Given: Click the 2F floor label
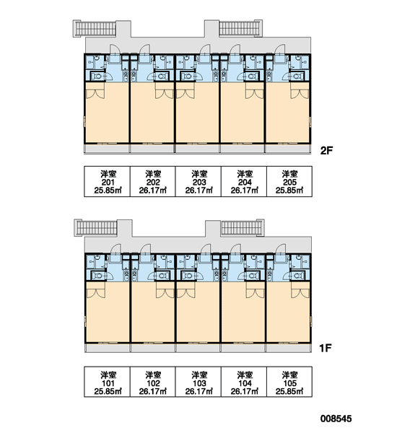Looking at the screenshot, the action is tap(326, 151).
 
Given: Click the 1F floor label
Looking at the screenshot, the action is tap(326, 348).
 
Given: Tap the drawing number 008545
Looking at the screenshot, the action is tap(336, 419).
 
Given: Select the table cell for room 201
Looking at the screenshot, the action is tap(107, 181).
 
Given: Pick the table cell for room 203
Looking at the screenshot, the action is tap(198, 181).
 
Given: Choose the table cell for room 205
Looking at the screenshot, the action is tap(289, 181).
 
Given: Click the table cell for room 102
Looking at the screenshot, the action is tap(152, 382).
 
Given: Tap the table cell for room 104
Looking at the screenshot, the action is tap(244, 382).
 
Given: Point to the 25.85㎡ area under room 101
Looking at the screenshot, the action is tap(108, 391).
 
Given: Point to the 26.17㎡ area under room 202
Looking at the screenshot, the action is tap(153, 191).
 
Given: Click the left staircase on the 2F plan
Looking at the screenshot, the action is tap(95, 28).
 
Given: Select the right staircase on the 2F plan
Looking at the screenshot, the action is tap(240, 28).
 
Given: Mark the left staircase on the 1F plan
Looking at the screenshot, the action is tap(96, 228).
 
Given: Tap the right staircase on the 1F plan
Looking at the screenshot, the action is tap(243, 228).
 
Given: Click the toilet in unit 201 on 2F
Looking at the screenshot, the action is tap(96, 76).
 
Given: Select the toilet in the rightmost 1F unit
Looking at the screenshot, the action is tap(297, 276).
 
